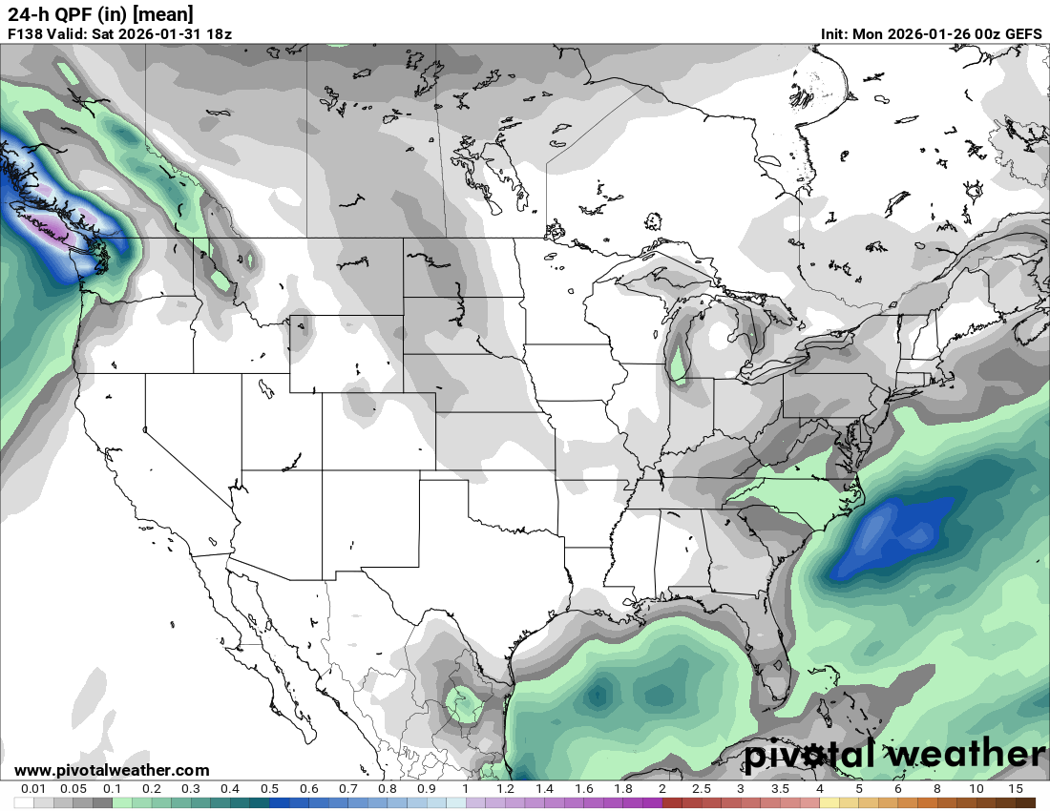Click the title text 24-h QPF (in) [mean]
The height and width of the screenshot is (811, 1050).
click(x=100, y=13)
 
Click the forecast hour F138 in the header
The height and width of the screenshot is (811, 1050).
click(x=26, y=34)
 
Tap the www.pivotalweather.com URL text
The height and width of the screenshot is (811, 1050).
click(x=112, y=770)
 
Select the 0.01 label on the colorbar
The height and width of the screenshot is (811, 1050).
click(x=33, y=789)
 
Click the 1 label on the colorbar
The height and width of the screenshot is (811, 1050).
click(x=466, y=789)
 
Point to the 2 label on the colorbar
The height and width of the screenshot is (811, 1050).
click(x=662, y=789)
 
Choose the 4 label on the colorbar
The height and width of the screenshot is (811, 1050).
click(x=820, y=789)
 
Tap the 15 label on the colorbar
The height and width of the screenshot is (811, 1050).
click(x=1016, y=789)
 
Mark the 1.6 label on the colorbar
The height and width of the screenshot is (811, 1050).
click(x=583, y=789)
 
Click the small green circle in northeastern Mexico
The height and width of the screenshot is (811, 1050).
click(x=465, y=705)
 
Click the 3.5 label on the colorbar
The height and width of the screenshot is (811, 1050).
click(x=780, y=789)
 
